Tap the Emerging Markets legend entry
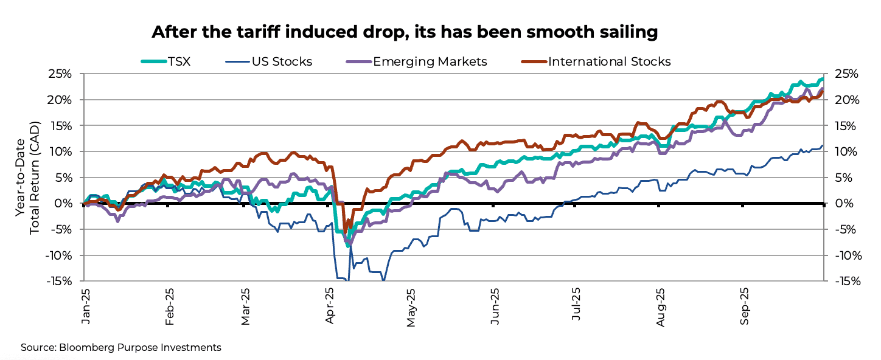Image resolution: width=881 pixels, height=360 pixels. click(x=430, y=61)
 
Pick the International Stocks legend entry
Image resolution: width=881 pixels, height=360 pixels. click(x=609, y=61)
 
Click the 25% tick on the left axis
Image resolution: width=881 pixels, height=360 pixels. click(x=60, y=74)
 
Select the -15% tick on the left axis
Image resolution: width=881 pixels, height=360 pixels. click(x=58, y=281)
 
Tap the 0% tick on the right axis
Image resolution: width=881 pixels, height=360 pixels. click(x=841, y=204)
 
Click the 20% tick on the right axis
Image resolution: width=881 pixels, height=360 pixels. click(x=844, y=100)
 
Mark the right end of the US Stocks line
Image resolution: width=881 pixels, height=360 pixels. click(x=823, y=146)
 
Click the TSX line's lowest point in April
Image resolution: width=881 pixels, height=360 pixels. click(x=348, y=245)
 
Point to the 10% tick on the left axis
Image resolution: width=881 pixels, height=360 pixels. click(x=60, y=151)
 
